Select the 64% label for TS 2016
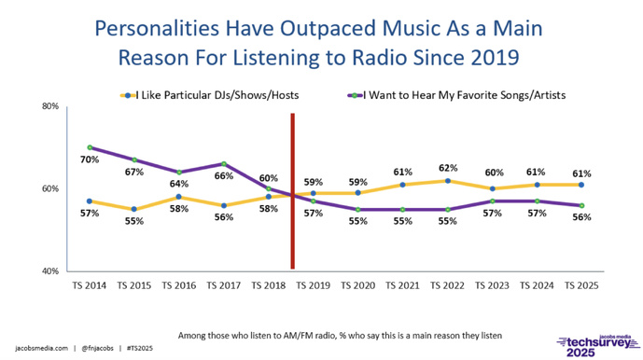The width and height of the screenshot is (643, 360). pos(178,158)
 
